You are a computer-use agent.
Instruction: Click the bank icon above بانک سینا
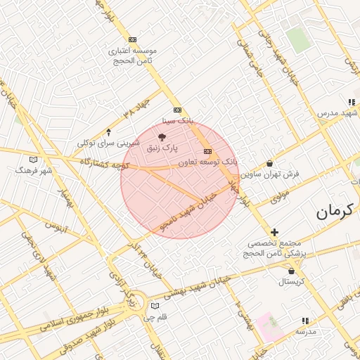176,110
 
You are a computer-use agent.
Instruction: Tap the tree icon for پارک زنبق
163,136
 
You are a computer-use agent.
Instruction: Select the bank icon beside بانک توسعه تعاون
207,151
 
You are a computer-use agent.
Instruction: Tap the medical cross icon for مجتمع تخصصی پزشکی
274,232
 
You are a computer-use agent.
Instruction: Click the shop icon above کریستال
291,271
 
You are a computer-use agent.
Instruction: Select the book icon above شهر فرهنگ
34,159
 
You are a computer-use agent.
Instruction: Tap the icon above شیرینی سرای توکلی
108,131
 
